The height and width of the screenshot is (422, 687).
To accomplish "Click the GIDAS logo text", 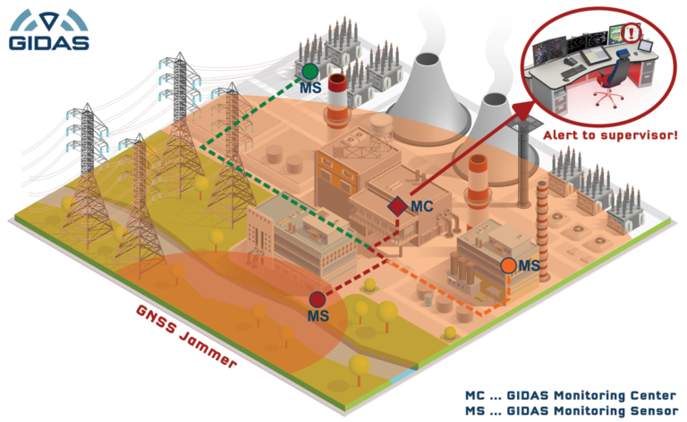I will (48, 41).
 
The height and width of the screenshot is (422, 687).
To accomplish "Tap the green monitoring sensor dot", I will (309, 70).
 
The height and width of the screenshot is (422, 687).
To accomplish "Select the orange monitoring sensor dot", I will (508, 265).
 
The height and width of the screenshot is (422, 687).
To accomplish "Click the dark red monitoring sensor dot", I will (317, 299).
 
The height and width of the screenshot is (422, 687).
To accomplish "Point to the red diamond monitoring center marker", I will (397, 206).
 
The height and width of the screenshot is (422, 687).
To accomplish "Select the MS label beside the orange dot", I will (530, 265).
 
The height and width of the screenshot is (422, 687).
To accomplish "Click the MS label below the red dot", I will (318, 317).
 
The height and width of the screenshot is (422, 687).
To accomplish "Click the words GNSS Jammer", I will (187, 337).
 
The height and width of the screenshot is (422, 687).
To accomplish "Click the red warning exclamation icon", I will (634, 36).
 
